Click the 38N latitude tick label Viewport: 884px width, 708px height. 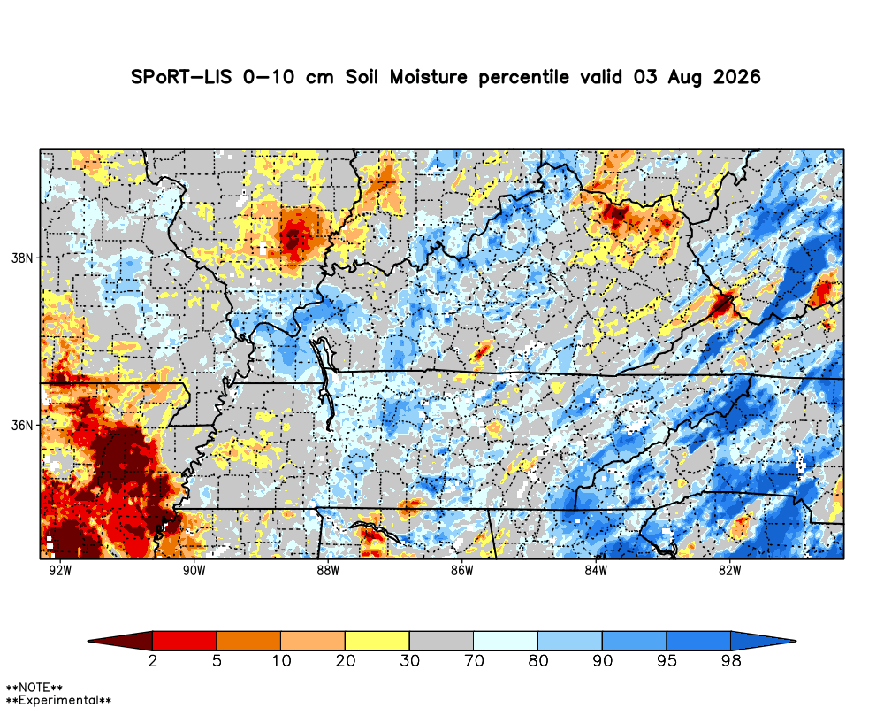click(23, 258)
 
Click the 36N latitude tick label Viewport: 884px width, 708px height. click(23, 425)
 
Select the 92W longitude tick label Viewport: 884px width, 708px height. click(60, 570)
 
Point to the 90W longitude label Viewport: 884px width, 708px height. click(194, 570)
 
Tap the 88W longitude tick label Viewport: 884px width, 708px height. click(328, 570)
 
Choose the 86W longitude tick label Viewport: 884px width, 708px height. click(461, 570)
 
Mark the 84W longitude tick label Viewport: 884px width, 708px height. click(596, 570)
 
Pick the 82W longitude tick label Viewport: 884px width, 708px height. click(729, 570)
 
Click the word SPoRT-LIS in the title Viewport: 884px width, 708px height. click(181, 77)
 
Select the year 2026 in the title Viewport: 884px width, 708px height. click(737, 77)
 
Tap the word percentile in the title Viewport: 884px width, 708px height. click(523, 77)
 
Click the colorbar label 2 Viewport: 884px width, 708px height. click(152, 660)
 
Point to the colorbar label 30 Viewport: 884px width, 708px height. click(410, 660)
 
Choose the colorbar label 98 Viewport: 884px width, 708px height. click(731, 660)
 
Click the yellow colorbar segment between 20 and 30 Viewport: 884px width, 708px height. click(377, 641)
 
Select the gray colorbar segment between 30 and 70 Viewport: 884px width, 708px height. click(441, 641)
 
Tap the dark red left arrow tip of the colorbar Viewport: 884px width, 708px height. click(88, 641)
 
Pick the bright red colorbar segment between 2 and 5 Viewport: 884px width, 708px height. click(185, 641)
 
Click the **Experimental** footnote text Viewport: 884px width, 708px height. click(58, 701)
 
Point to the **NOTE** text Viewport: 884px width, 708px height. click(34, 688)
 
